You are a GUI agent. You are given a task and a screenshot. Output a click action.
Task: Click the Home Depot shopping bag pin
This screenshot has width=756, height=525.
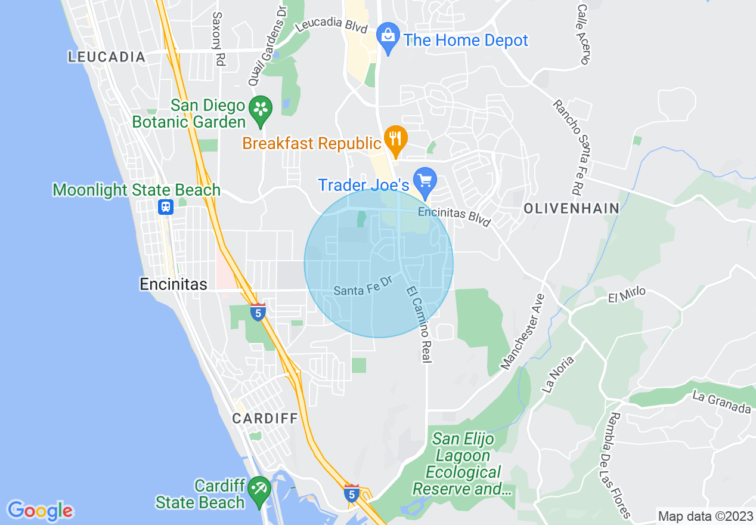click(388, 38)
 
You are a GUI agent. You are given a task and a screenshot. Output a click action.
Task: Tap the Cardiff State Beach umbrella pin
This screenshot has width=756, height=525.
click(259, 490)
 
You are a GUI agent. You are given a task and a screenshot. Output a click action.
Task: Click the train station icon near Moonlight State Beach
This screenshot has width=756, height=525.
click(165, 206)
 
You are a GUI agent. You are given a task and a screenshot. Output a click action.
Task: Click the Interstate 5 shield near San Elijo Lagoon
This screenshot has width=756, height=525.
click(352, 493)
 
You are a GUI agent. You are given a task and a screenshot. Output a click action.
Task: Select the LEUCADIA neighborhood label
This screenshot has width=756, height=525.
click(107, 57)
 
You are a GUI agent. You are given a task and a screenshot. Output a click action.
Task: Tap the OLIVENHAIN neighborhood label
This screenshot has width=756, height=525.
click(571, 208)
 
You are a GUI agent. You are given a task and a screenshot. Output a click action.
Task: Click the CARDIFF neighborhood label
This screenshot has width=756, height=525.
click(265, 418)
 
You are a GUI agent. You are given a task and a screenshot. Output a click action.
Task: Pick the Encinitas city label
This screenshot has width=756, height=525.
click(173, 284)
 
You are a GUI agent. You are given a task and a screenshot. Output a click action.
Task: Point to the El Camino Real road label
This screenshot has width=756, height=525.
click(420, 325)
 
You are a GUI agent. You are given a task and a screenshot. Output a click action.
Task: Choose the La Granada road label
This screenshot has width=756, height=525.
click(721, 402)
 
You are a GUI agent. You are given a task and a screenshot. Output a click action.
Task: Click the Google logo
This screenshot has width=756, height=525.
click(40, 511)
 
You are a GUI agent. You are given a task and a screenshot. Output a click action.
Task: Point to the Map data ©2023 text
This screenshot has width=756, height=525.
click(705, 516)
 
